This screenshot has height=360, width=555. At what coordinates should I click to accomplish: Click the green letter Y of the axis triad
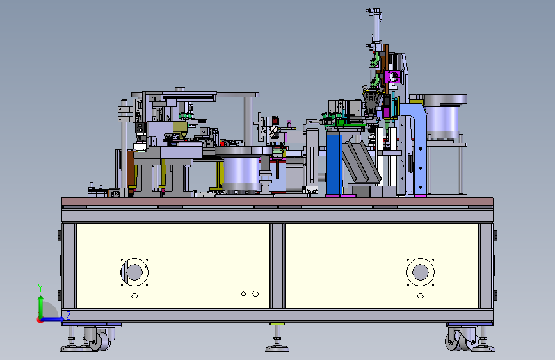click(40, 288)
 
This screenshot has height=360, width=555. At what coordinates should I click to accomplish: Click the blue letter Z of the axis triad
click(68, 315)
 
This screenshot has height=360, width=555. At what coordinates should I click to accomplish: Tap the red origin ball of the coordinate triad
click(40, 320)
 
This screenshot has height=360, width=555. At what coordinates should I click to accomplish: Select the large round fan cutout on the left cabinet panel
click(134, 272)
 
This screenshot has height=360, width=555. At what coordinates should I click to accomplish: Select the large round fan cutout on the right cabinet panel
click(421, 272)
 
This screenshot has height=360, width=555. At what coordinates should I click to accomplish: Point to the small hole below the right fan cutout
click(421, 296)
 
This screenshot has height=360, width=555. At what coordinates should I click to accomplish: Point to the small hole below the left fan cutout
click(134, 296)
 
